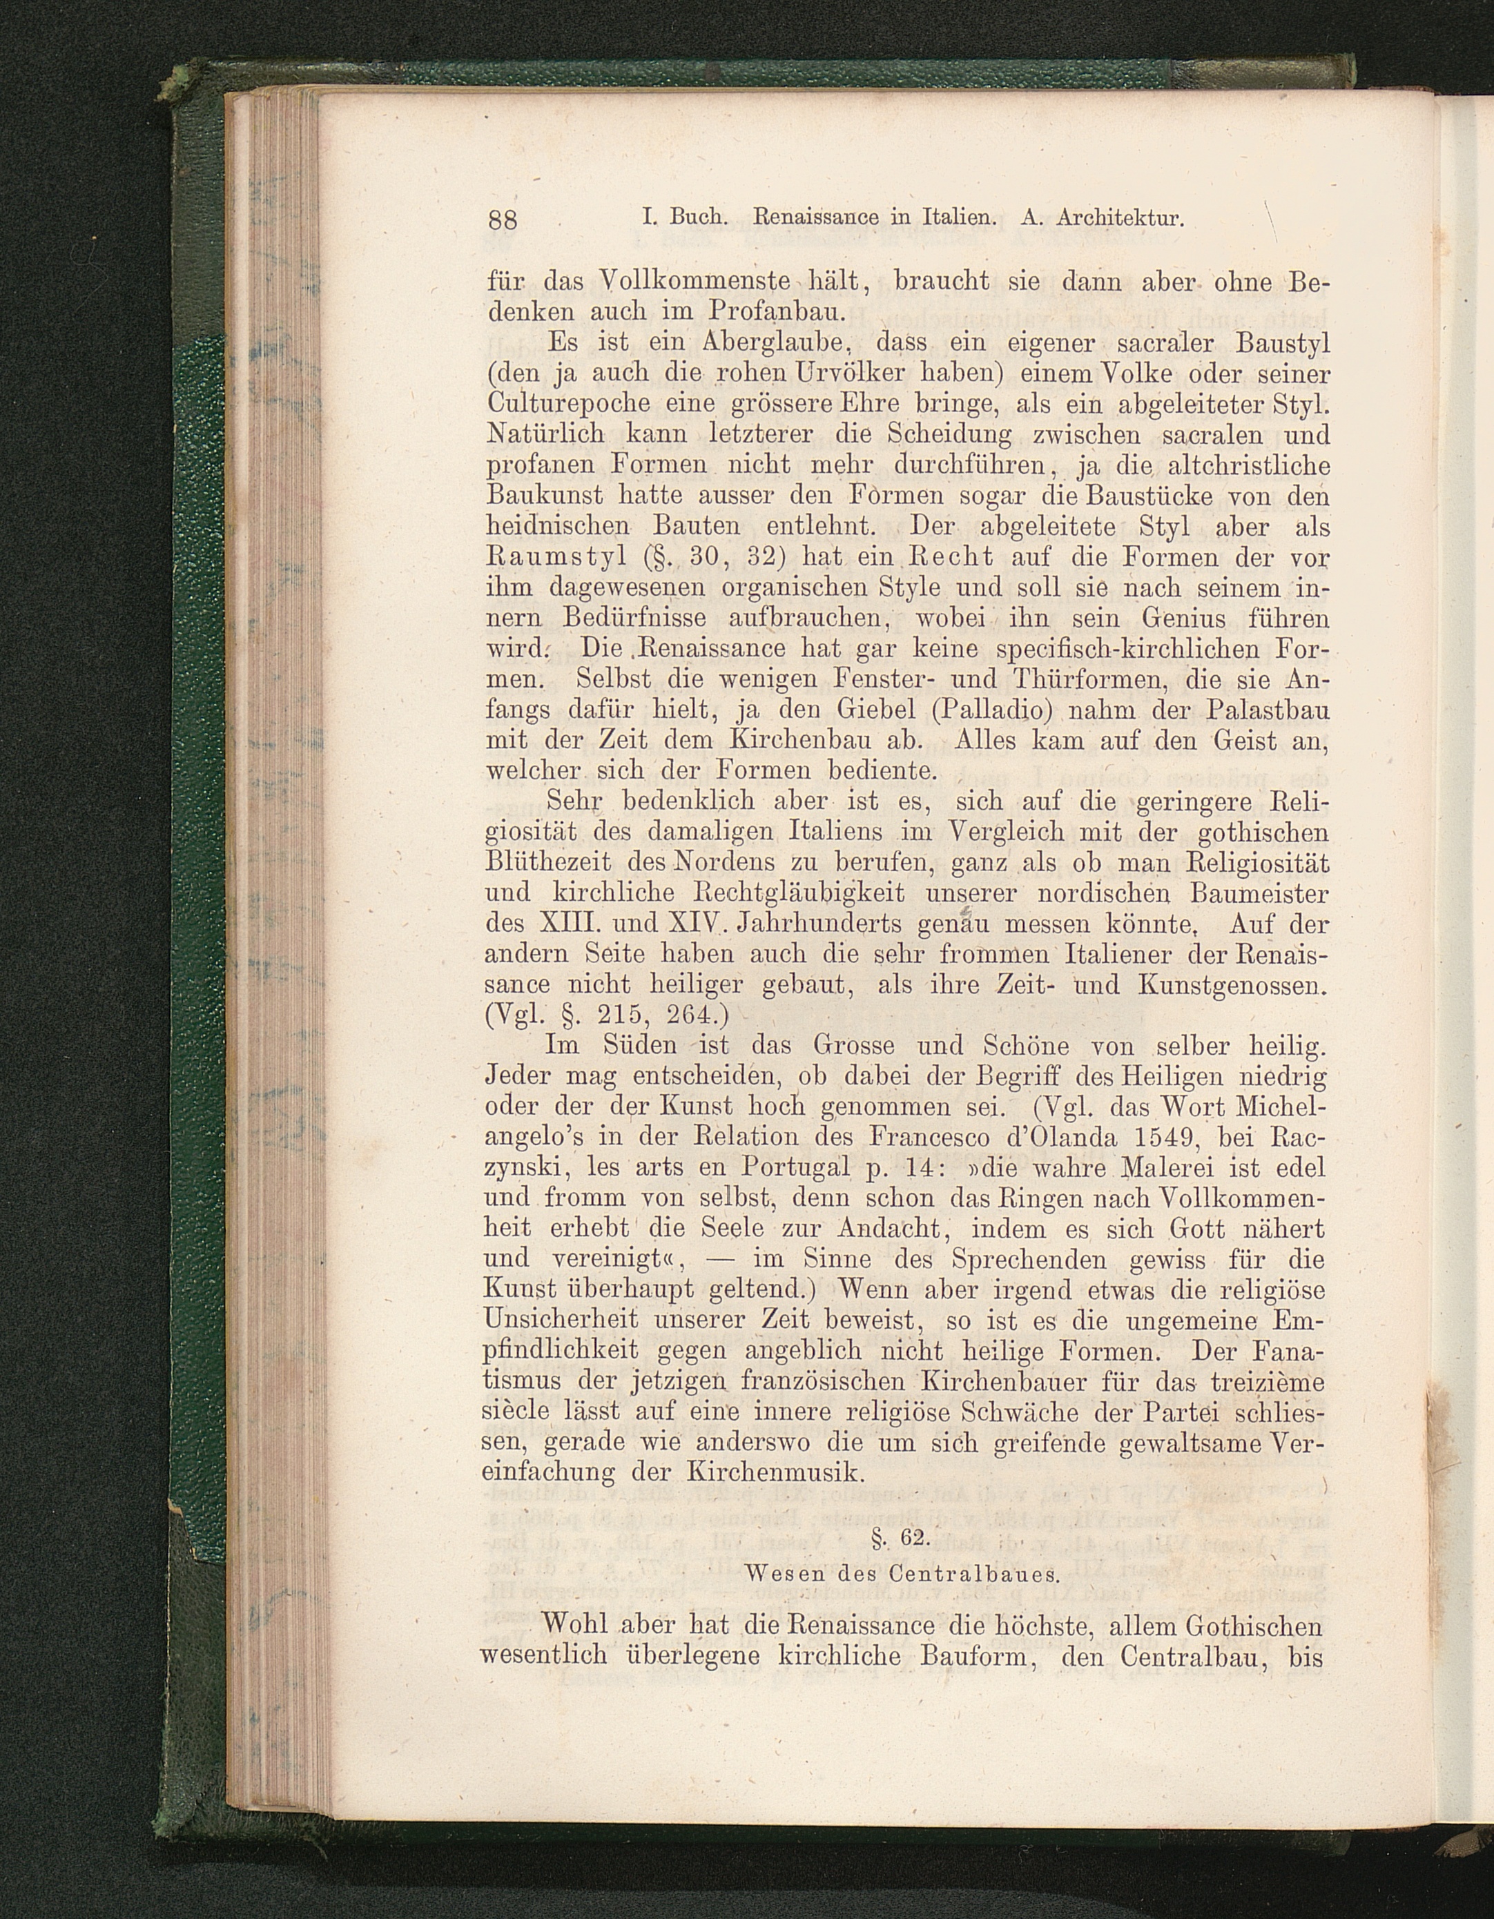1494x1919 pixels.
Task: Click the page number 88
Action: click(503, 219)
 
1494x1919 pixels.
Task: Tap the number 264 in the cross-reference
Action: click(695, 1015)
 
